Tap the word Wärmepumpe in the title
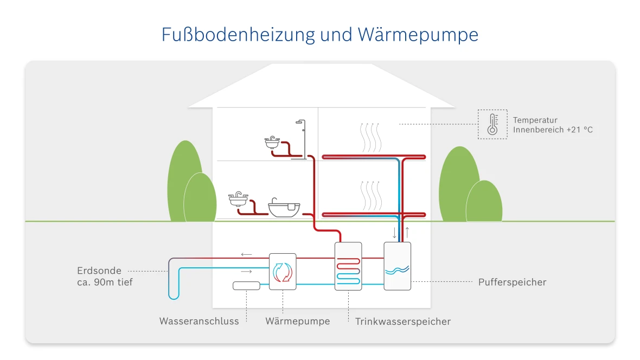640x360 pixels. [418, 35]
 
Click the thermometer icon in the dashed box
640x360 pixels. [492, 124]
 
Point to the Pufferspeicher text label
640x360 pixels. [512, 282]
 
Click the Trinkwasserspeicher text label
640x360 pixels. [402, 322]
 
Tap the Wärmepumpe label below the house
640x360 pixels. [297, 322]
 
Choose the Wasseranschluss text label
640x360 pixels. [199, 322]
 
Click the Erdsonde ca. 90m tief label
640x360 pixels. [105, 277]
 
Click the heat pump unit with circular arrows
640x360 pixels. [283, 272]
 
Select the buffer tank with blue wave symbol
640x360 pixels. [397, 266]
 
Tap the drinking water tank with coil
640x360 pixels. [348, 266]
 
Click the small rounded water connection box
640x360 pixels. [247, 286]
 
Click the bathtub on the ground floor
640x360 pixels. [285, 208]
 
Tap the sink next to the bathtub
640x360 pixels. [238, 199]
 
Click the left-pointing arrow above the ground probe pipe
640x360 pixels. [246, 254]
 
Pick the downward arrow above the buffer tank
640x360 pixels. [394, 233]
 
